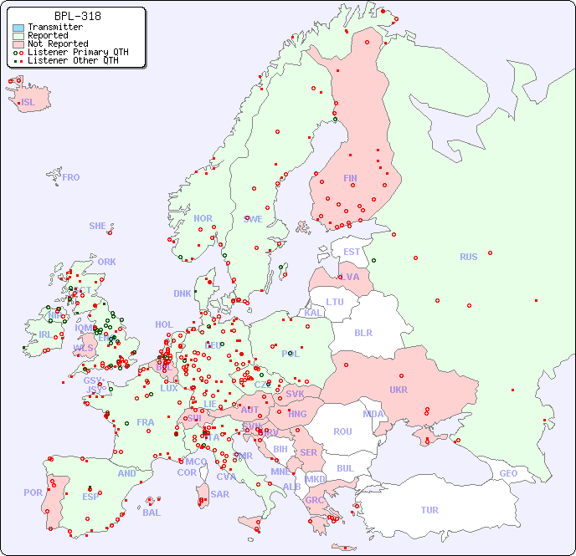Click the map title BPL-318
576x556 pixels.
click(77, 16)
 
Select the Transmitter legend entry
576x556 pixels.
click(54, 27)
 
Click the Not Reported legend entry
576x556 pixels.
click(57, 43)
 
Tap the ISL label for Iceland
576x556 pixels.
click(28, 103)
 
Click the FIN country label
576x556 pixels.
click(350, 178)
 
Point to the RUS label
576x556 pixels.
click(468, 257)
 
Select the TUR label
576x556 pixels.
click(429, 510)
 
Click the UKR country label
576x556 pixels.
click(398, 390)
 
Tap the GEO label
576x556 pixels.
click(508, 473)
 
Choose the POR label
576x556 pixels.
click(33, 492)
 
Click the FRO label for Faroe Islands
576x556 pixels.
click(71, 177)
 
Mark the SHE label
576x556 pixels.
click(98, 226)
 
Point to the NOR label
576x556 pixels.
click(203, 218)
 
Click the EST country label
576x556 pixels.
click(352, 252)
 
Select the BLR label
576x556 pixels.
click(363, 332)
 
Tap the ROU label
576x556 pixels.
click(342, 431)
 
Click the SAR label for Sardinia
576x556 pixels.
click(219, 494)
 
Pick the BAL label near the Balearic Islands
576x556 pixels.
click(151, 513)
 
